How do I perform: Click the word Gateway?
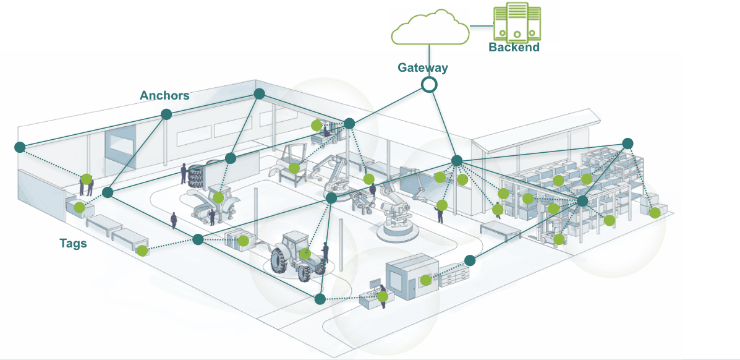[423, 68]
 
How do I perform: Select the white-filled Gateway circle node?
[430, 85]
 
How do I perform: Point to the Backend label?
[514, 48]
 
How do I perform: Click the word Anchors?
[164, 95]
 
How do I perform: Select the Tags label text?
[73, 243]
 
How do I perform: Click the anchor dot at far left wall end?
[19, 147]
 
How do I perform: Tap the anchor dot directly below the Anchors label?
[166, 114]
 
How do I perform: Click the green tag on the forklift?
[559, 239]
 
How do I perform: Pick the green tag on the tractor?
[305, 253]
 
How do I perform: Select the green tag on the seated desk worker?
[383, 296]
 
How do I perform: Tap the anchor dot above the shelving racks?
[627, 143]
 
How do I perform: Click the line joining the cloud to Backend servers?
[481, 26]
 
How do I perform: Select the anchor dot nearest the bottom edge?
[320, 299]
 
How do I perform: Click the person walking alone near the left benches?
[174, 220]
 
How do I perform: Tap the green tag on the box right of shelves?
[655, 213]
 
